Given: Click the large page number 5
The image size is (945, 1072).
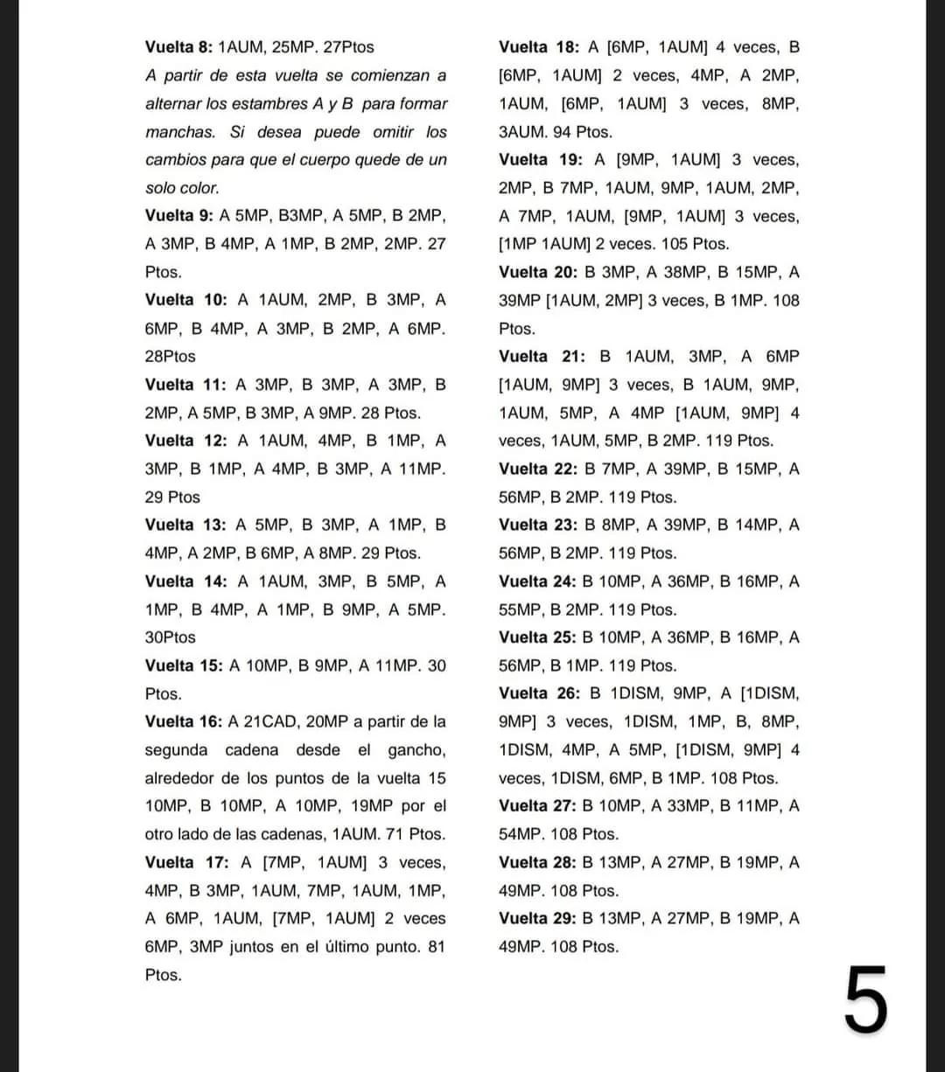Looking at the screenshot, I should [866, 999].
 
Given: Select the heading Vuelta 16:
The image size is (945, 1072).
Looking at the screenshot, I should [183, 721].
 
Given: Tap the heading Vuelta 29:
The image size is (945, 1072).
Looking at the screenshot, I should [536, 918].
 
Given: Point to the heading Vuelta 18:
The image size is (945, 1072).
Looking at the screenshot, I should [536, 47].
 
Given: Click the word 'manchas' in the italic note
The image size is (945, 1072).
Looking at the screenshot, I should [179, 132].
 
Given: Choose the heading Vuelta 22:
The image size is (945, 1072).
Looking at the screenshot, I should [536, 469].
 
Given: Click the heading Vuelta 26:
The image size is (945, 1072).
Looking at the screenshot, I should [538, 693].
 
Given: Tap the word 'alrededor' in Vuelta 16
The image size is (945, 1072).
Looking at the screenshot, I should [179, 777].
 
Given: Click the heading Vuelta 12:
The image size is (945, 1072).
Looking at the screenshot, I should [186, 441].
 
